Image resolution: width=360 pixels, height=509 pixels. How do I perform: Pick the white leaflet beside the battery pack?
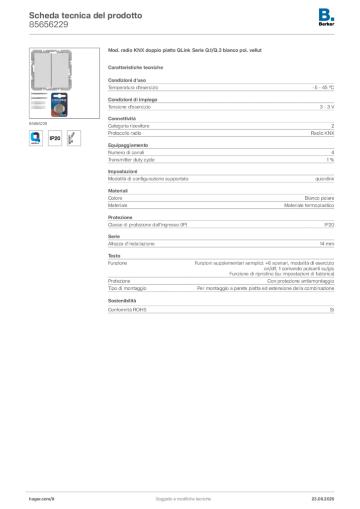tap(38, 101)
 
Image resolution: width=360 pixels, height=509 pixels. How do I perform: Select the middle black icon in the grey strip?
tap(56, 138)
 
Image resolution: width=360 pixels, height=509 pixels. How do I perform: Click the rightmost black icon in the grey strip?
tap(75, 138)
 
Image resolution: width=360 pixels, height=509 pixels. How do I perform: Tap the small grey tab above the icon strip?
tap(37, 123)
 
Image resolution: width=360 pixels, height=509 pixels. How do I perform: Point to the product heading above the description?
tap(184, 51)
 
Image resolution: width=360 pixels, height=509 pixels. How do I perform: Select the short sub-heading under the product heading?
tap(137, 67)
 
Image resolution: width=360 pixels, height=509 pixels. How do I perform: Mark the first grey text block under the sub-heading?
tap(221, 87)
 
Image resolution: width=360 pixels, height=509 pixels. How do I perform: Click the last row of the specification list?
tap(221, 309)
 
